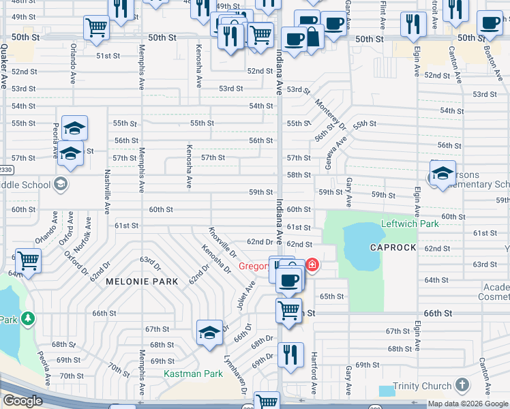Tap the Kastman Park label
193,374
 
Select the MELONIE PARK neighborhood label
141,281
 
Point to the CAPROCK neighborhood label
393,247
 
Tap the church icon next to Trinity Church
462,385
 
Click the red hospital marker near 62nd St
312,263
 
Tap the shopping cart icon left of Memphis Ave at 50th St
97,27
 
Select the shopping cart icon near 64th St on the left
28,260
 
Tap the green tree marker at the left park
27,318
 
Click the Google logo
22,401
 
